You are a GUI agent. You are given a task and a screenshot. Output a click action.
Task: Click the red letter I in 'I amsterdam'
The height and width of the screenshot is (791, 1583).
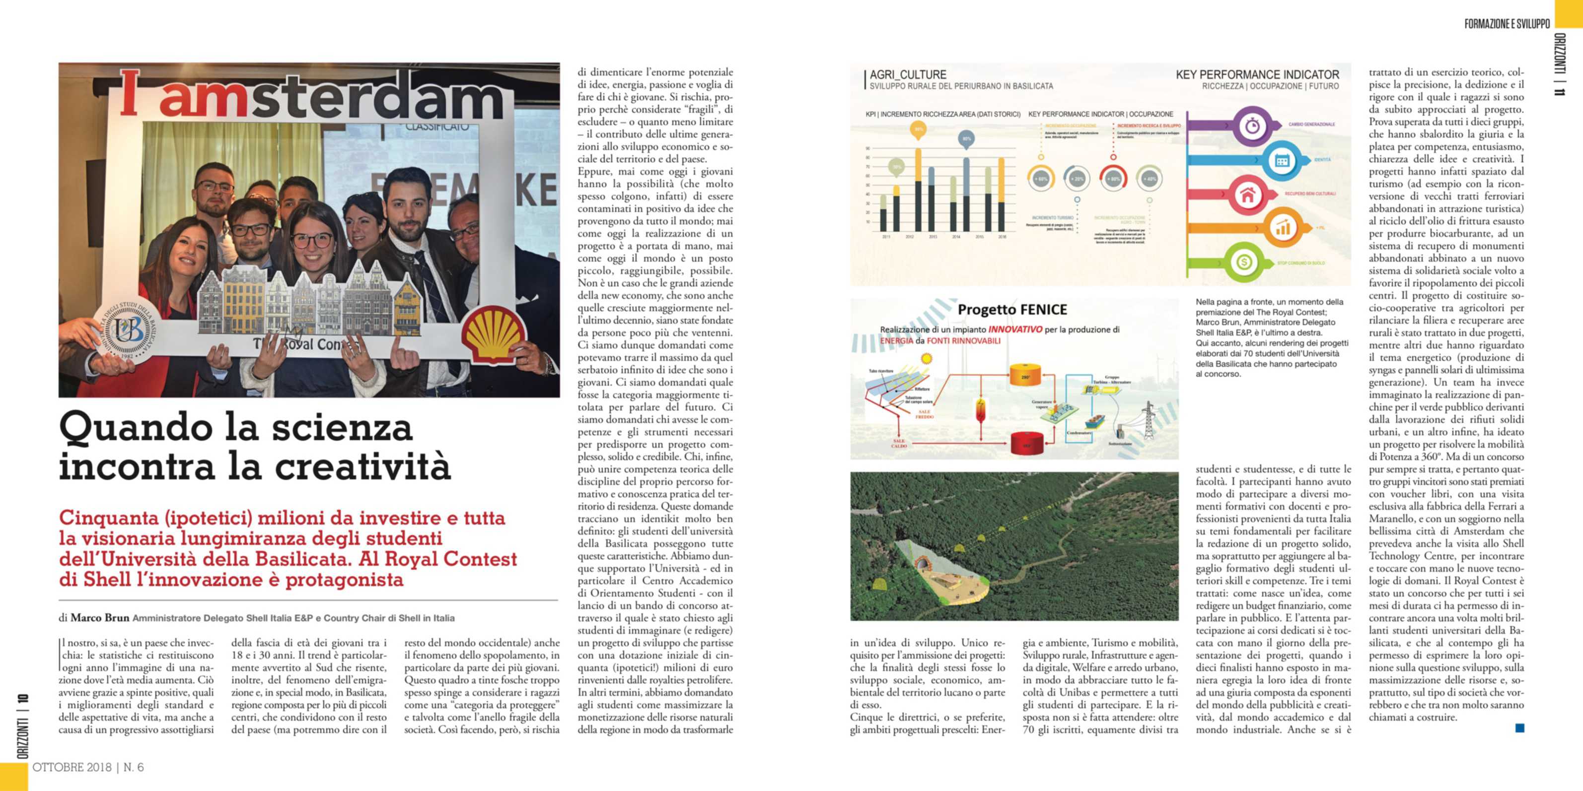click(x=129, y=93)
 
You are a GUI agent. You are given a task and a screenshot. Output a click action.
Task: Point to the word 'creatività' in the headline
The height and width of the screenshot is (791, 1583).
click(x=362, y=467)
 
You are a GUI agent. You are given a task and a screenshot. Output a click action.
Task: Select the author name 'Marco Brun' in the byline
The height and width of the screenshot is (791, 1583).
click(x=99, y=618)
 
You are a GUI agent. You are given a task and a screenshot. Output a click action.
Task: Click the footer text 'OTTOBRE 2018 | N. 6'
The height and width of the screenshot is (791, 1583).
click(x=88, y=767)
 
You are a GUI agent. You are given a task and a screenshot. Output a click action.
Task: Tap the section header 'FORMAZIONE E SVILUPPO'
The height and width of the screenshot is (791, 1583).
click(x=1507, y=24)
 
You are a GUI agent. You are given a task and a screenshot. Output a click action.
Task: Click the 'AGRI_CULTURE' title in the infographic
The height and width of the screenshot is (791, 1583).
click(x=908, y=75)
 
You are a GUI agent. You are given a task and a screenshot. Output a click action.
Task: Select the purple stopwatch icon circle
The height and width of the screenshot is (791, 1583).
click(x=1252, y=127)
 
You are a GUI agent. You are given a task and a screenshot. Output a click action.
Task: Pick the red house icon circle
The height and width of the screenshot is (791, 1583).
click(x=1247, y=196)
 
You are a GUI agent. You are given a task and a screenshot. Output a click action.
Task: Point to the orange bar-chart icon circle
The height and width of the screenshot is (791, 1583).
click(x=1283, y=228)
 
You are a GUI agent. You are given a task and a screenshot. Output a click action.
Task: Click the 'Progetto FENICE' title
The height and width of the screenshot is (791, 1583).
click(x=1012, y=310)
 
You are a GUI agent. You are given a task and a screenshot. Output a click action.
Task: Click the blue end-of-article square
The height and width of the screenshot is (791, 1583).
click(x=1520, y=728)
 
